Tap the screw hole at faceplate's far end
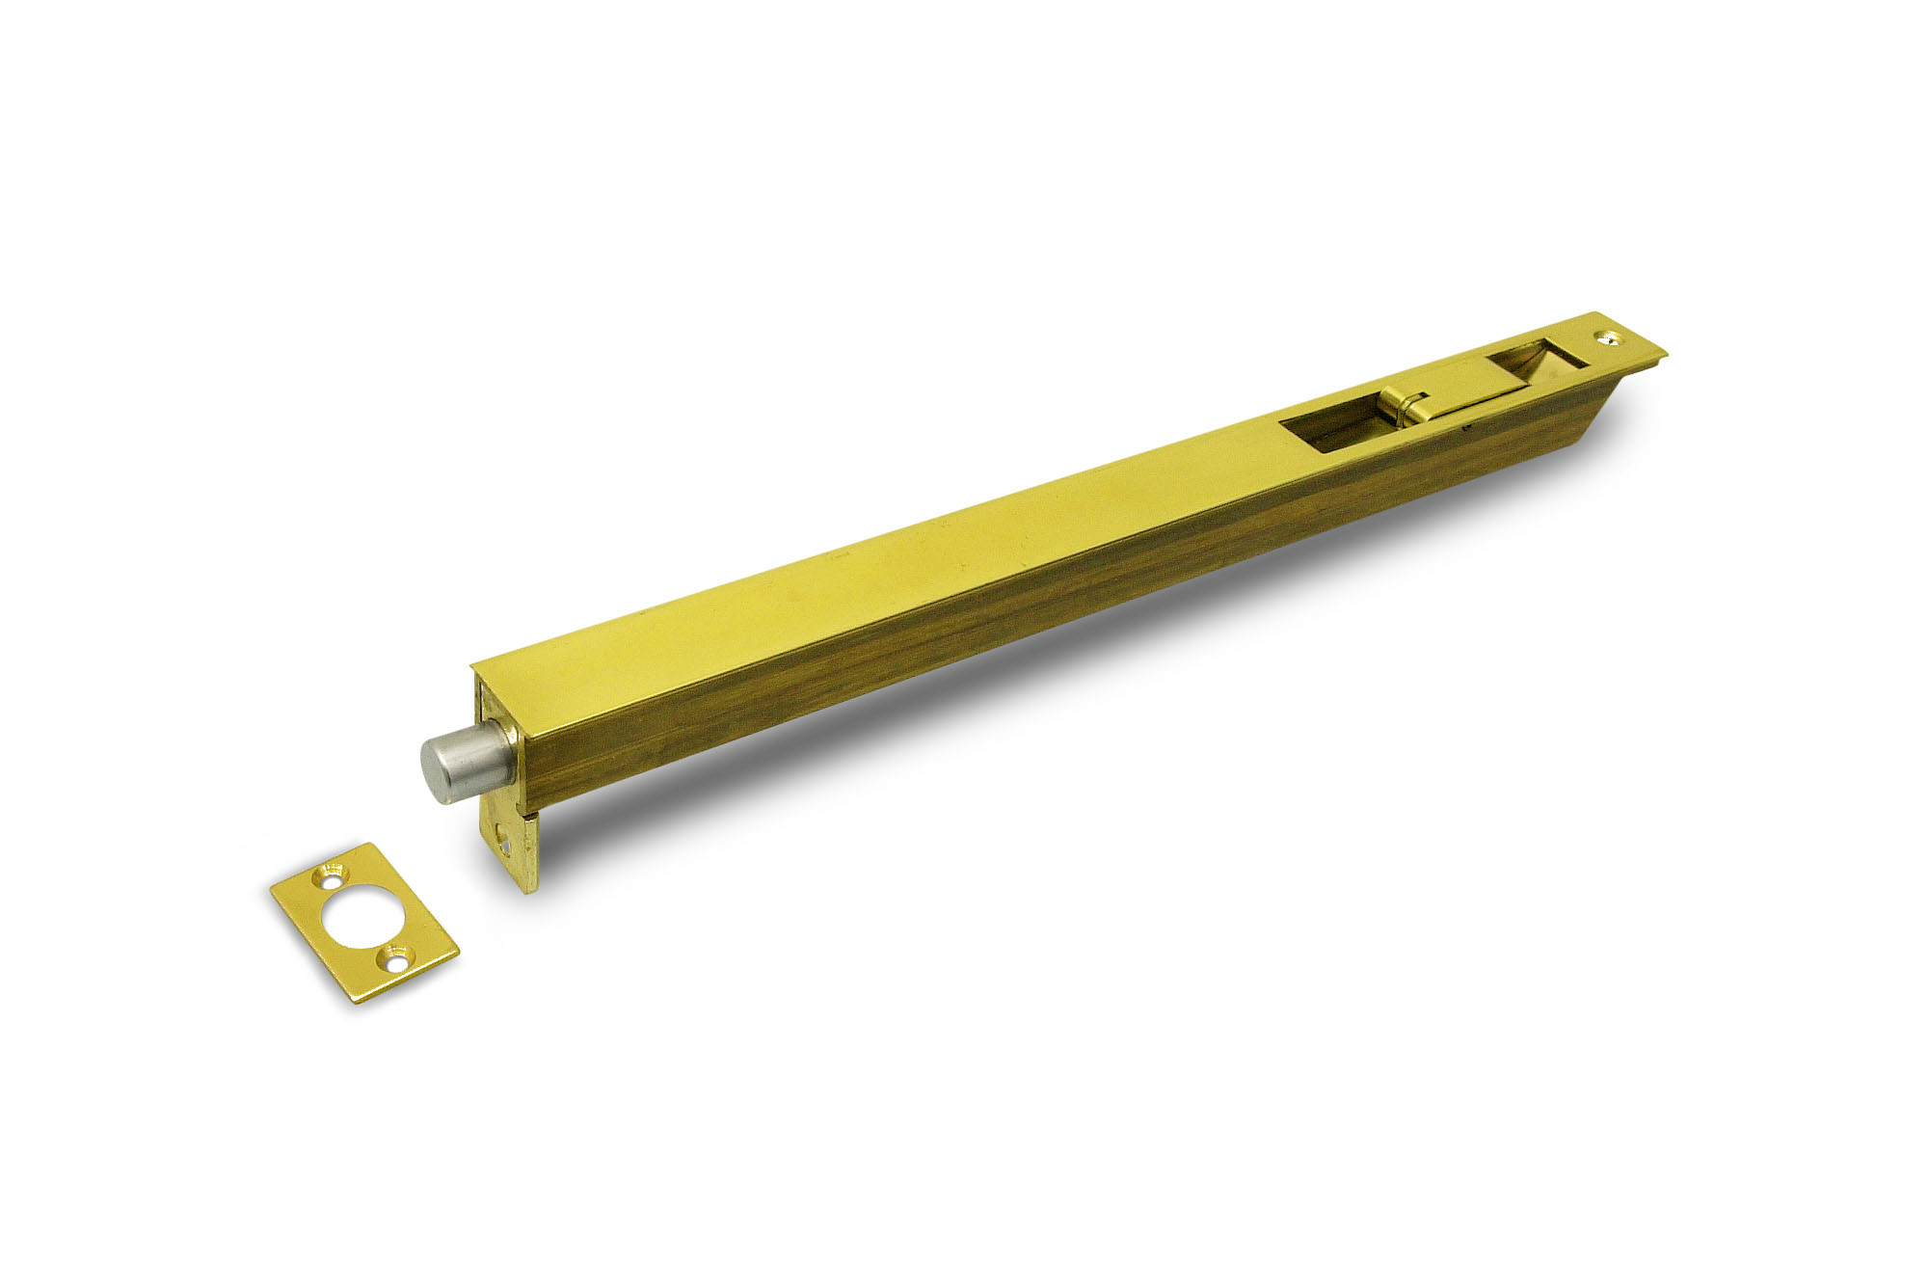click(1608, 336)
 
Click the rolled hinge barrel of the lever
click(1400, 411)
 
